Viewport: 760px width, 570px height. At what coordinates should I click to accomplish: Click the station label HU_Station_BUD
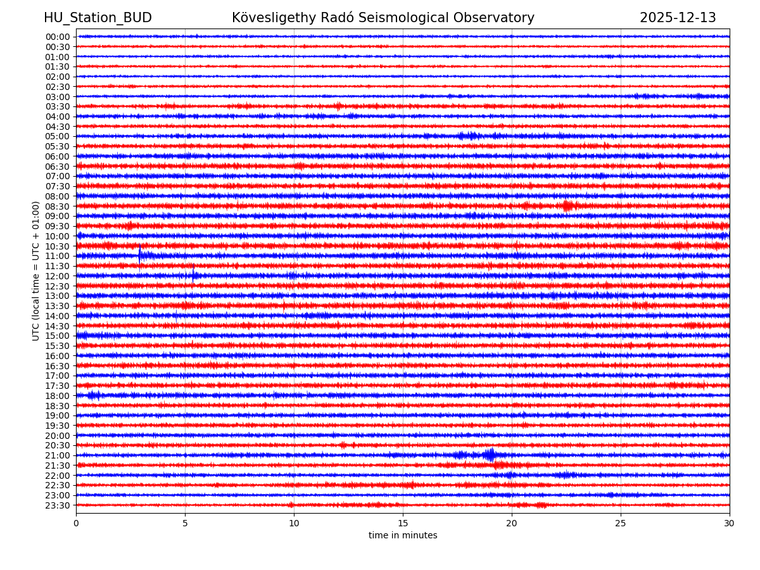coord(98,18)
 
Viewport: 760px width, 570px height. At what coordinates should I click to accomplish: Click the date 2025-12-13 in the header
coord(678,18)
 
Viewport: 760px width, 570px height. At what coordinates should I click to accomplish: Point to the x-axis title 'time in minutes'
coord(403,536)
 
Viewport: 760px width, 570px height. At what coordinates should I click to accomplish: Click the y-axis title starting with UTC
coord(36,271)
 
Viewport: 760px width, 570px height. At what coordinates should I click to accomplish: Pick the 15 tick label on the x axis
coord(403,524)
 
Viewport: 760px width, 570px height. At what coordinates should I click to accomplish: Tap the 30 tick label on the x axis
coord(730,524)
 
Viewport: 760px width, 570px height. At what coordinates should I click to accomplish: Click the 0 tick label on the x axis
coord(76,524)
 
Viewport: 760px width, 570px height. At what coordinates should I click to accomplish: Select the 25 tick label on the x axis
coord(621,524)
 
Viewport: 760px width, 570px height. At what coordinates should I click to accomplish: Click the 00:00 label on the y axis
coord(58,37)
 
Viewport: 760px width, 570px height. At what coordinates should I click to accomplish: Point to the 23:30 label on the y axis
coord(58,505)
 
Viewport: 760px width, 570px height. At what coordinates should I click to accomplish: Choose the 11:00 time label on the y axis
coord(58,256)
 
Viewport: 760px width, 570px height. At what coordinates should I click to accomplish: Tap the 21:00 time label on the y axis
coord(58,455)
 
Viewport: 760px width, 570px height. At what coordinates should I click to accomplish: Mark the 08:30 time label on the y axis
coord(58,206)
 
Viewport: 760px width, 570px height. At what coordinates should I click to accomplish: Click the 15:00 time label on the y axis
coord(58,336)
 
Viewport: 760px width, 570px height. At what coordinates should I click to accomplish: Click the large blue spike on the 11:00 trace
coord(140,255)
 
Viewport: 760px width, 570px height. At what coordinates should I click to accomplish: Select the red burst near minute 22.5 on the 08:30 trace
coord(567,206)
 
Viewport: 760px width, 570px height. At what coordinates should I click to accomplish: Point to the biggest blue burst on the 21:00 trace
coord(490,454)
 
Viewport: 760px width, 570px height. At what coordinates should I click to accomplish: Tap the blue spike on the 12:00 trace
coord(194,275)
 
